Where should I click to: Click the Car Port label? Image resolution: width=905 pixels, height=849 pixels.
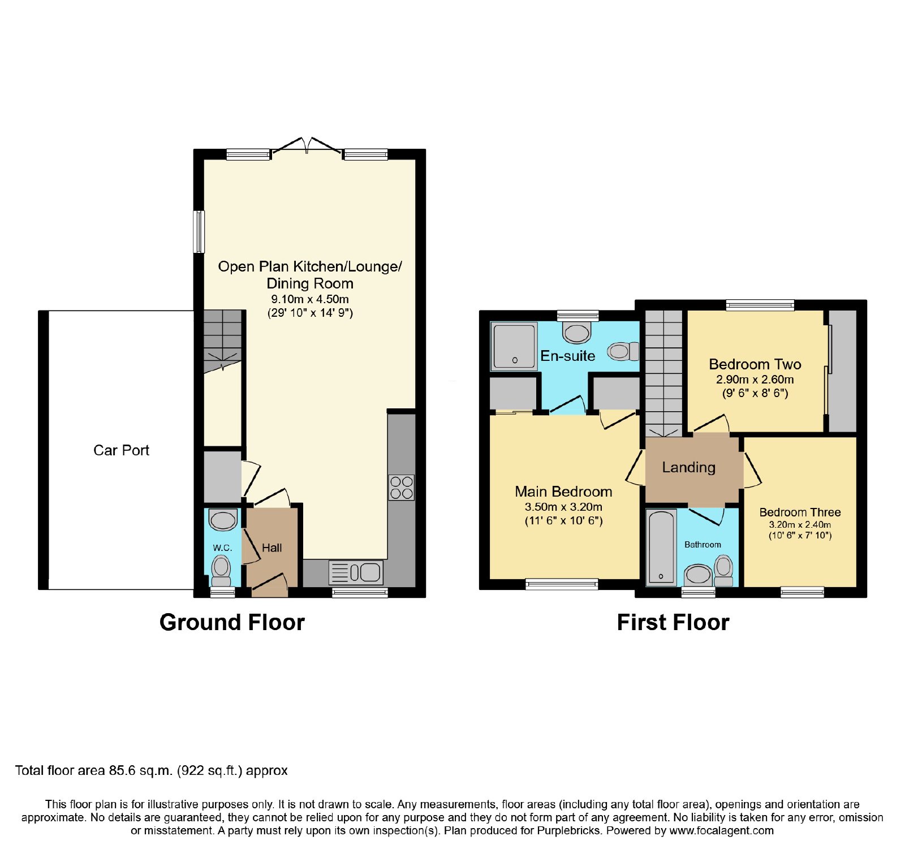tap(121, 450)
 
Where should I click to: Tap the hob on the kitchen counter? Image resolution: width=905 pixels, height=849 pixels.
tap(401, 488)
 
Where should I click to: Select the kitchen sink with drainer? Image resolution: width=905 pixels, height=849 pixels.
tap(356, 572)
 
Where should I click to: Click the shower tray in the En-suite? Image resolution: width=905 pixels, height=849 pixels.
tap(514, 346)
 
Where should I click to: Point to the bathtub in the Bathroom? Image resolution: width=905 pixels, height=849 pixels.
tap(661, 548)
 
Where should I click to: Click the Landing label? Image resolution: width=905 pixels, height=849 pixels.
tap(688, 467)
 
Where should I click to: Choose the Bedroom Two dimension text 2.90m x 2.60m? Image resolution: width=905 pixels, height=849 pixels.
tap(755, 380)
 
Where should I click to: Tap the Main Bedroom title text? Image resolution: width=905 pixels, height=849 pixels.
tap(563, 492)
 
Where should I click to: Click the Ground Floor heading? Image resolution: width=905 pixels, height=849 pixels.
tap(232, 622)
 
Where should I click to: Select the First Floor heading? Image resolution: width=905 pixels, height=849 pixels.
tap(673, 622)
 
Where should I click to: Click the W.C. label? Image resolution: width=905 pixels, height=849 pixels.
tap(222, 548)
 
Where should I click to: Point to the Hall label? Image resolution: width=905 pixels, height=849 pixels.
tap(271, 548)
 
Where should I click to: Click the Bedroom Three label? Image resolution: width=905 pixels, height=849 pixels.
tap(800, 512)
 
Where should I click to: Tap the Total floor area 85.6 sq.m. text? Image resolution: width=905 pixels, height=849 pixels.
tap(93, 770)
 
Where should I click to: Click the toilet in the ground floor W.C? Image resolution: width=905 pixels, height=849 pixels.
tap(221, 570)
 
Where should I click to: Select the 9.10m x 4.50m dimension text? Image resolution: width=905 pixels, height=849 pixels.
tap(310, 299)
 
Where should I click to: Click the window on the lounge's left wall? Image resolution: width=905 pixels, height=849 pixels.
tap(199, 232)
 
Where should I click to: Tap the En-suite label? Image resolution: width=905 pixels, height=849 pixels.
tap(568, 356)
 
